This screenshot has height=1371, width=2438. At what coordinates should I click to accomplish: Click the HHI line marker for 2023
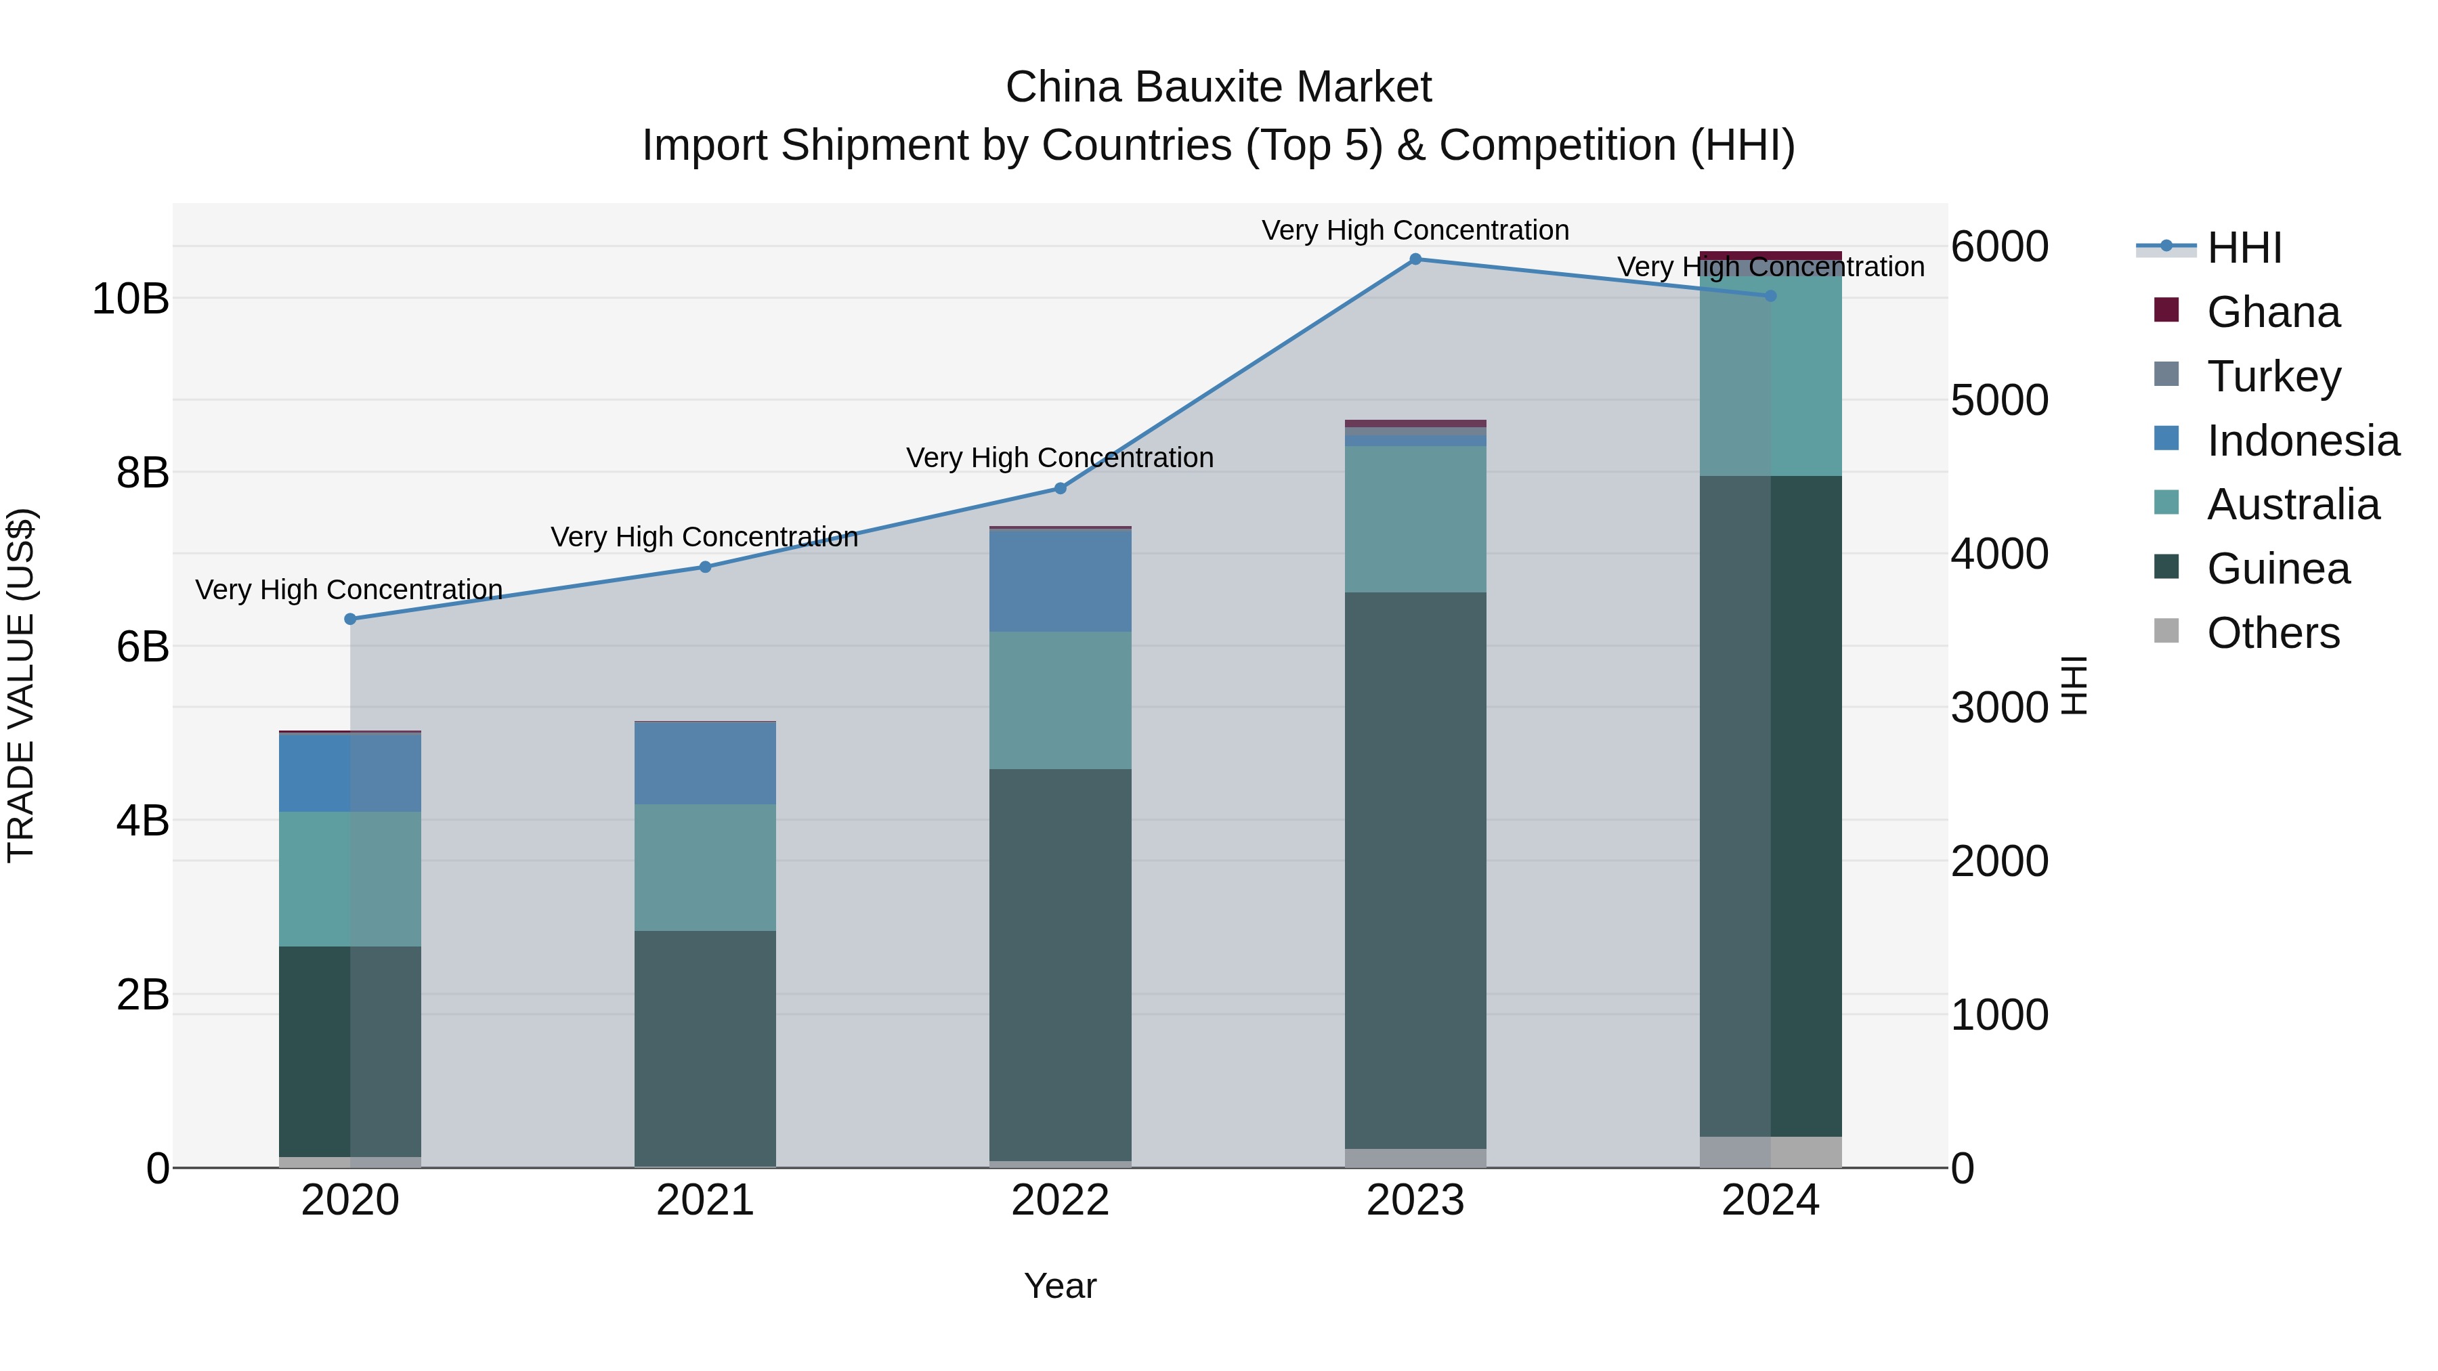[1415, 259]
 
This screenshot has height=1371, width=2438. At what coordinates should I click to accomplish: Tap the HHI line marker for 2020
[350, 619]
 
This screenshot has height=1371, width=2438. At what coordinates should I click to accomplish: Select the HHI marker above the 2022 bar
[1060, 488]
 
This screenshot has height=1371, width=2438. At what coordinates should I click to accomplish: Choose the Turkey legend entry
[2273, 376]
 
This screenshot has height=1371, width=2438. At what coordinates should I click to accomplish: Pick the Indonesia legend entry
[2303, 441]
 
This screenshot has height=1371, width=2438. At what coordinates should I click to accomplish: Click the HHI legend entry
[2244, 248]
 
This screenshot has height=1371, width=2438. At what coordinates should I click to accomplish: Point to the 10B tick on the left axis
[129, 299]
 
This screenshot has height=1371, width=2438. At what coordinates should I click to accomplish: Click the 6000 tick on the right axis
[2000, 247]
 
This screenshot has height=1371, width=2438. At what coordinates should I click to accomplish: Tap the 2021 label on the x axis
[705, 1200]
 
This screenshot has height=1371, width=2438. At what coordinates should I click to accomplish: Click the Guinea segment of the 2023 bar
[1415, 871]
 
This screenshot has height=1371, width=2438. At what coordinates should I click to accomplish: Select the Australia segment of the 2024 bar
[1771, 374]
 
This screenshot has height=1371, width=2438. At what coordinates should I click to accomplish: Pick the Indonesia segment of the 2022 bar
[1060, 580]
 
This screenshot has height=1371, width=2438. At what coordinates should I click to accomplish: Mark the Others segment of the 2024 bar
[1771, 1152]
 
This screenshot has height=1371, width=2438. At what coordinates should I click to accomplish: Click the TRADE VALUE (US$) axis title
[21, 685]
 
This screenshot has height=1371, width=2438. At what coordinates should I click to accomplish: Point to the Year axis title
[1060, 1286]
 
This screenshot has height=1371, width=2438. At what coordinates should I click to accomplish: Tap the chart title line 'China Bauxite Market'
[1218, 87]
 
